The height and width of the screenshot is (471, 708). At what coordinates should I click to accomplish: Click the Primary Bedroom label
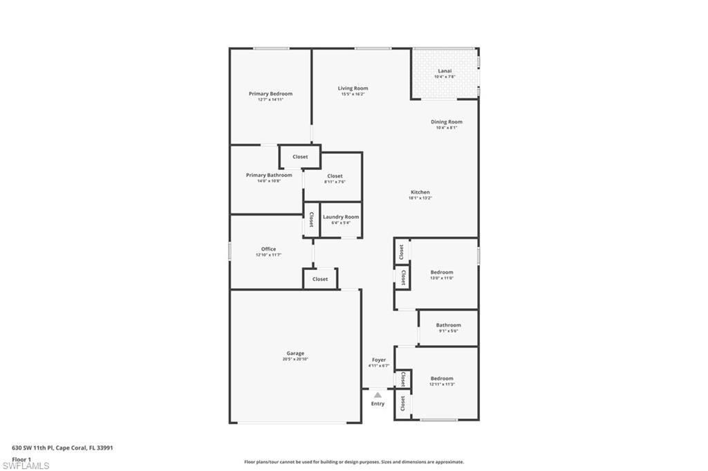click(270, 94)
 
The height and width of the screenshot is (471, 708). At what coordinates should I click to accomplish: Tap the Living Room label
click(353, 88)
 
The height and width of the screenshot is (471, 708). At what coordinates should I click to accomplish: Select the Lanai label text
click(445, 71)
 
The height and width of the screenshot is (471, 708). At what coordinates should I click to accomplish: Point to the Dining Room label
click(447, 122)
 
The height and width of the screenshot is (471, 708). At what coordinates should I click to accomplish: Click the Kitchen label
click(420, 193)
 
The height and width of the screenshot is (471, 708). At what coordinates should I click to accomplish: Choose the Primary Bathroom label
click(269, 175)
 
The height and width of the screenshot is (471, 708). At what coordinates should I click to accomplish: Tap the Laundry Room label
click(341, 217)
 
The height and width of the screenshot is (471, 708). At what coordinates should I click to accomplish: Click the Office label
click(268, 249)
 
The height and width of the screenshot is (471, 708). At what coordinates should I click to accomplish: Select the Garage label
click(295, 354)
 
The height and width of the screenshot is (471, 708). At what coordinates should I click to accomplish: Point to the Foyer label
click(379, 360)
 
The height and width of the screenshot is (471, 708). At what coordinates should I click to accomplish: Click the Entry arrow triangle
click(378, 394)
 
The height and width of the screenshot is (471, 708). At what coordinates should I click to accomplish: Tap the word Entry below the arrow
click(378, 404)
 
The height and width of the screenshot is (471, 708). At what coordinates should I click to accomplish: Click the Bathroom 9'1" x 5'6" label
click(448, 325)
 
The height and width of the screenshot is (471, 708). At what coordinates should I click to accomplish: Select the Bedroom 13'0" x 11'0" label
click(442, 272)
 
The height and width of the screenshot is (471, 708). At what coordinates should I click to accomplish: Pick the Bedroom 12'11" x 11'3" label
click(442, 378)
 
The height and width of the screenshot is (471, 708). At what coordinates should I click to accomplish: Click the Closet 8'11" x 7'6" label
click(335, 176)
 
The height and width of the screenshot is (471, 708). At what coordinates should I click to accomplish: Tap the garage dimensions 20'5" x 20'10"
click(295, 359)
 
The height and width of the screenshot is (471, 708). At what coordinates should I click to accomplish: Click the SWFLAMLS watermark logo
click(26, 465)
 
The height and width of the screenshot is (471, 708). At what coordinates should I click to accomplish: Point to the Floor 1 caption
click(21, 459)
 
